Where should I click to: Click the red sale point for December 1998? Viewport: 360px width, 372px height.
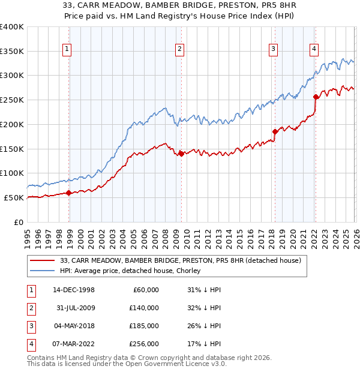click(x=69, y=193)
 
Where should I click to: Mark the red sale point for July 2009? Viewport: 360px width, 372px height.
click(x=181, y=154)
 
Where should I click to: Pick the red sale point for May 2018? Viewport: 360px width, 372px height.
click(x=275, y=131)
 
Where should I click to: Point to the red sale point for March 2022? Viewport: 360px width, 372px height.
click(x=316, y=97)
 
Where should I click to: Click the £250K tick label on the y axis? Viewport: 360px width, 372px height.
click(x=12, y=100)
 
